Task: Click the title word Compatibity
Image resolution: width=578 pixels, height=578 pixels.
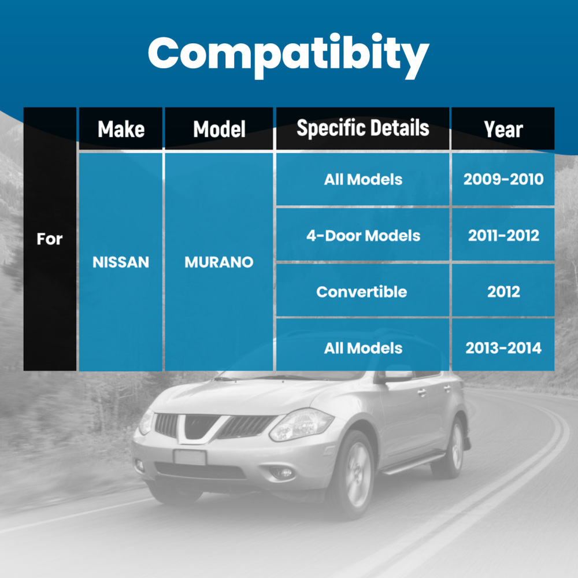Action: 288,55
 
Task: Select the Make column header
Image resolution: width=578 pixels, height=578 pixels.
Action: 121,129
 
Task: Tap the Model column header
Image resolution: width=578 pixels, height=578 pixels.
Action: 219,129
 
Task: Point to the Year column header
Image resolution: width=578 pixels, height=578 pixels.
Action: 503,129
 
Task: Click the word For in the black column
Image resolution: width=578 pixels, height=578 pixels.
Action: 49,239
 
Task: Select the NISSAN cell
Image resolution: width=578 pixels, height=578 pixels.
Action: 121,262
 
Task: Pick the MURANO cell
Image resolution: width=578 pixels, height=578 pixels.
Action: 219,262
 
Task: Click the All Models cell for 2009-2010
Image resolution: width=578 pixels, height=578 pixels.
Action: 363,180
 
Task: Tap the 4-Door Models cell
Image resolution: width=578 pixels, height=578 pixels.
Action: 363,236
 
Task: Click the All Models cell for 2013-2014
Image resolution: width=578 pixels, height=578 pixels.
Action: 363,348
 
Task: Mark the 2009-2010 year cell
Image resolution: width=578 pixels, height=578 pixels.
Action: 503,179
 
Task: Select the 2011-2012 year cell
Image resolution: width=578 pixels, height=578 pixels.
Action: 503,236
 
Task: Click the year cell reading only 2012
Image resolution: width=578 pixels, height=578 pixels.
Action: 503,292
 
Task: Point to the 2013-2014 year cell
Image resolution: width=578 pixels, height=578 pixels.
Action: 503,348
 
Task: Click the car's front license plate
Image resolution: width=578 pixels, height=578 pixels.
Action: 190,457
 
